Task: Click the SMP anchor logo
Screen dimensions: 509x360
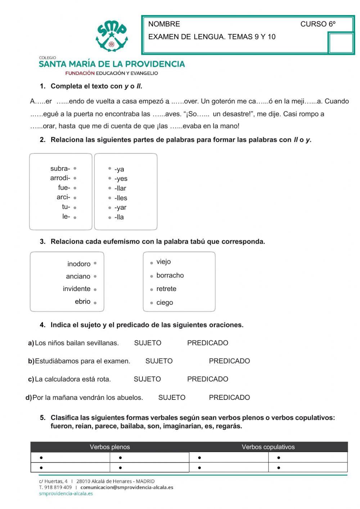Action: [112, 36]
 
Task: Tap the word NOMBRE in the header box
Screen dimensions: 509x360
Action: [164, 24]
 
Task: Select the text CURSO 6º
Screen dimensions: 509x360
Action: [318, 24]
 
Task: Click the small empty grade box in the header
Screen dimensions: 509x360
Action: [341, 43]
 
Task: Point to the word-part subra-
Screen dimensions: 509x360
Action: [60, 168]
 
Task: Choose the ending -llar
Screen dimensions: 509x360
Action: [120, 188]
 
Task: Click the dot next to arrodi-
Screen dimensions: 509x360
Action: [75, 178]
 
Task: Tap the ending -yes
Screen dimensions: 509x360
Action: [121, 178]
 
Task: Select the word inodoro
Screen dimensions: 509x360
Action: [79, 264]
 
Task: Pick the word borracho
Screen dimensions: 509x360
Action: [170, 275]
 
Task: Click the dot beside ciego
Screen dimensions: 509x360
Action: [152, 303]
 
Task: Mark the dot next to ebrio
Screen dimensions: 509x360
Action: [95, 303]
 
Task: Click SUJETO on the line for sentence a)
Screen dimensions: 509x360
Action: [148, 343]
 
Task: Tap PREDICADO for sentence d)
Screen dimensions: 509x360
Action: [229, 397]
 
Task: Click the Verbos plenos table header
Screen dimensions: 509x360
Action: [110, 447]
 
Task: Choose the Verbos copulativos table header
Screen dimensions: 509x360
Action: [268, 447]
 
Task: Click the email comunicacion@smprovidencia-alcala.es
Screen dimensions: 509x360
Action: [127, 487]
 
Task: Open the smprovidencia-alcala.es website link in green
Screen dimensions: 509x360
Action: [66, 494]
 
